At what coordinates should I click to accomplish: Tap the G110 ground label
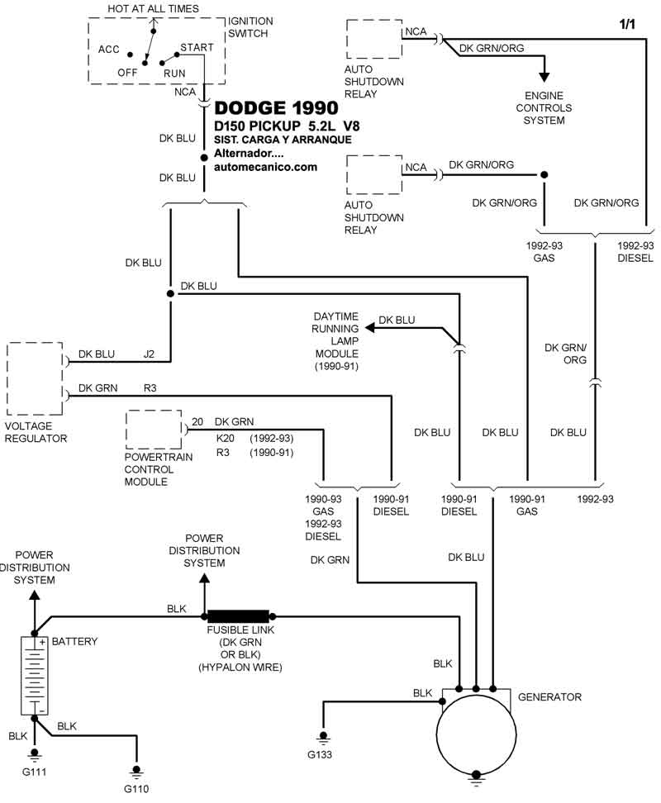136,788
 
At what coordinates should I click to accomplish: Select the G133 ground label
322,753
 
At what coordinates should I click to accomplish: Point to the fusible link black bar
238,615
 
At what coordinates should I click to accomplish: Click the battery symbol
34,675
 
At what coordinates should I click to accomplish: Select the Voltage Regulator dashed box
35,378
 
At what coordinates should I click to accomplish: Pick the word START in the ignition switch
197,47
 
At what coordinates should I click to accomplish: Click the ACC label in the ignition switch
110,50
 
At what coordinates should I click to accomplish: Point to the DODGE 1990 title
276,108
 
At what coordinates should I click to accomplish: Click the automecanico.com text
265,166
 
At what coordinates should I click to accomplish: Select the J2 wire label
149,354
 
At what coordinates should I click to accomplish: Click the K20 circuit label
225,437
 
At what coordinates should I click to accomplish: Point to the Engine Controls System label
544,108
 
